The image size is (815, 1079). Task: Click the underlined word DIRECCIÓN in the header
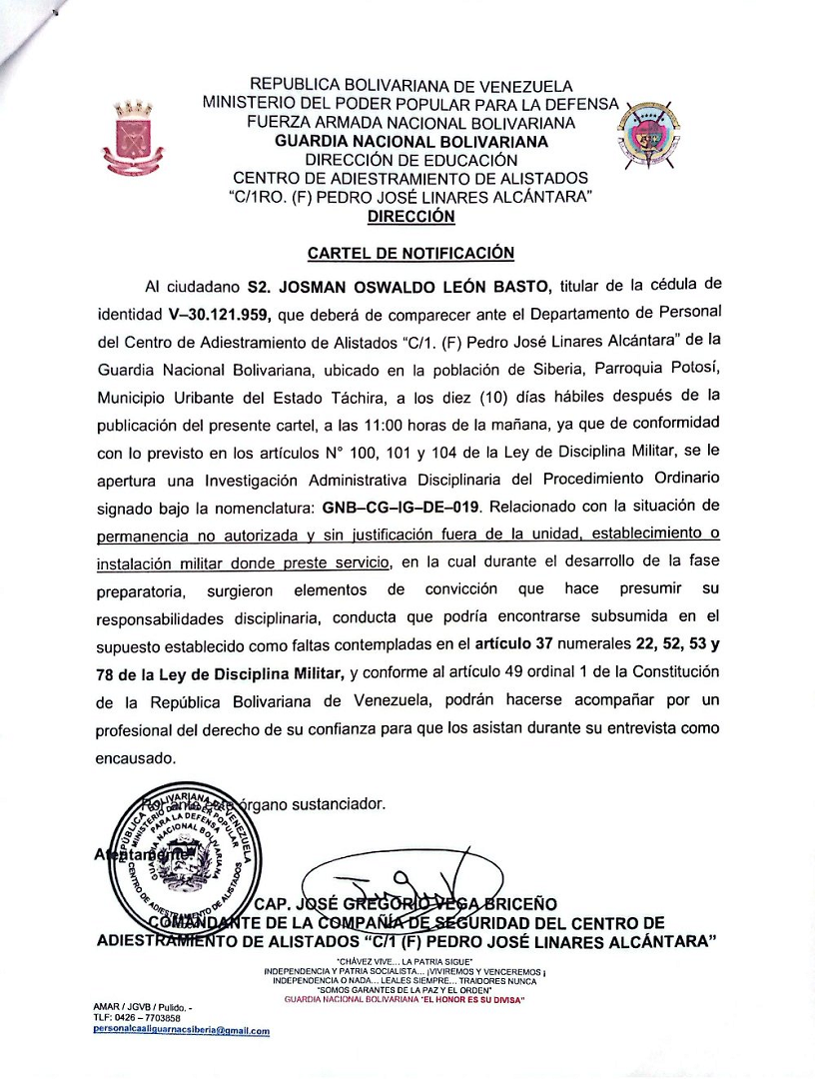pyautogui.click(x=410, y=215)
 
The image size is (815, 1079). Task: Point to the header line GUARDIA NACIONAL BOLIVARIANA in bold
pyautogui.click(x=410, y=142)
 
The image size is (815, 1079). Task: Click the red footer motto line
pyautogui.click(x=405, y=999)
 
